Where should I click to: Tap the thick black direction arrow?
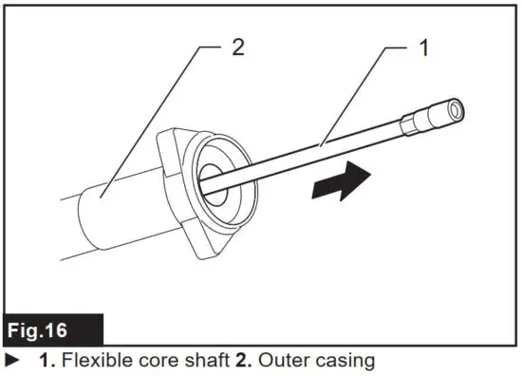pyautogui.click(x=342, y=179)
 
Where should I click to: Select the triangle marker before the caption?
pyautogui.click(x=12, y=361)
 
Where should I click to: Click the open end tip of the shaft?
pyautogui.click(x=457, y=109)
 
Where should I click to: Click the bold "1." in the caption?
pyautogui.click(x=46, y=361)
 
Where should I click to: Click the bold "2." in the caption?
pyautogui.click(x=251, y=361)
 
